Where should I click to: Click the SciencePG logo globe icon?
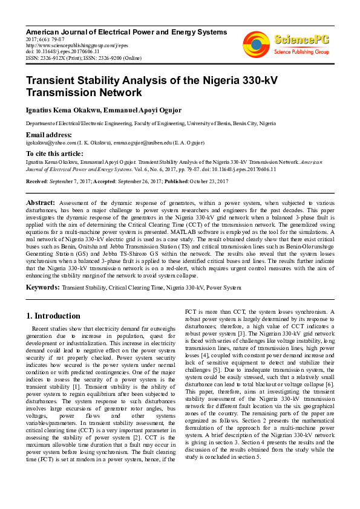(256, 44)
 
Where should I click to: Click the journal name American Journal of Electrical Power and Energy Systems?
(126, 31)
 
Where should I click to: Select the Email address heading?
(48, 134)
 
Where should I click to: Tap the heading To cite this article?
(54, 154)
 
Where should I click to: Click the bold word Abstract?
(41, 202)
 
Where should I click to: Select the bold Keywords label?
(42, 287)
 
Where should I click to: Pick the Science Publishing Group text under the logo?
(300, 52)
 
